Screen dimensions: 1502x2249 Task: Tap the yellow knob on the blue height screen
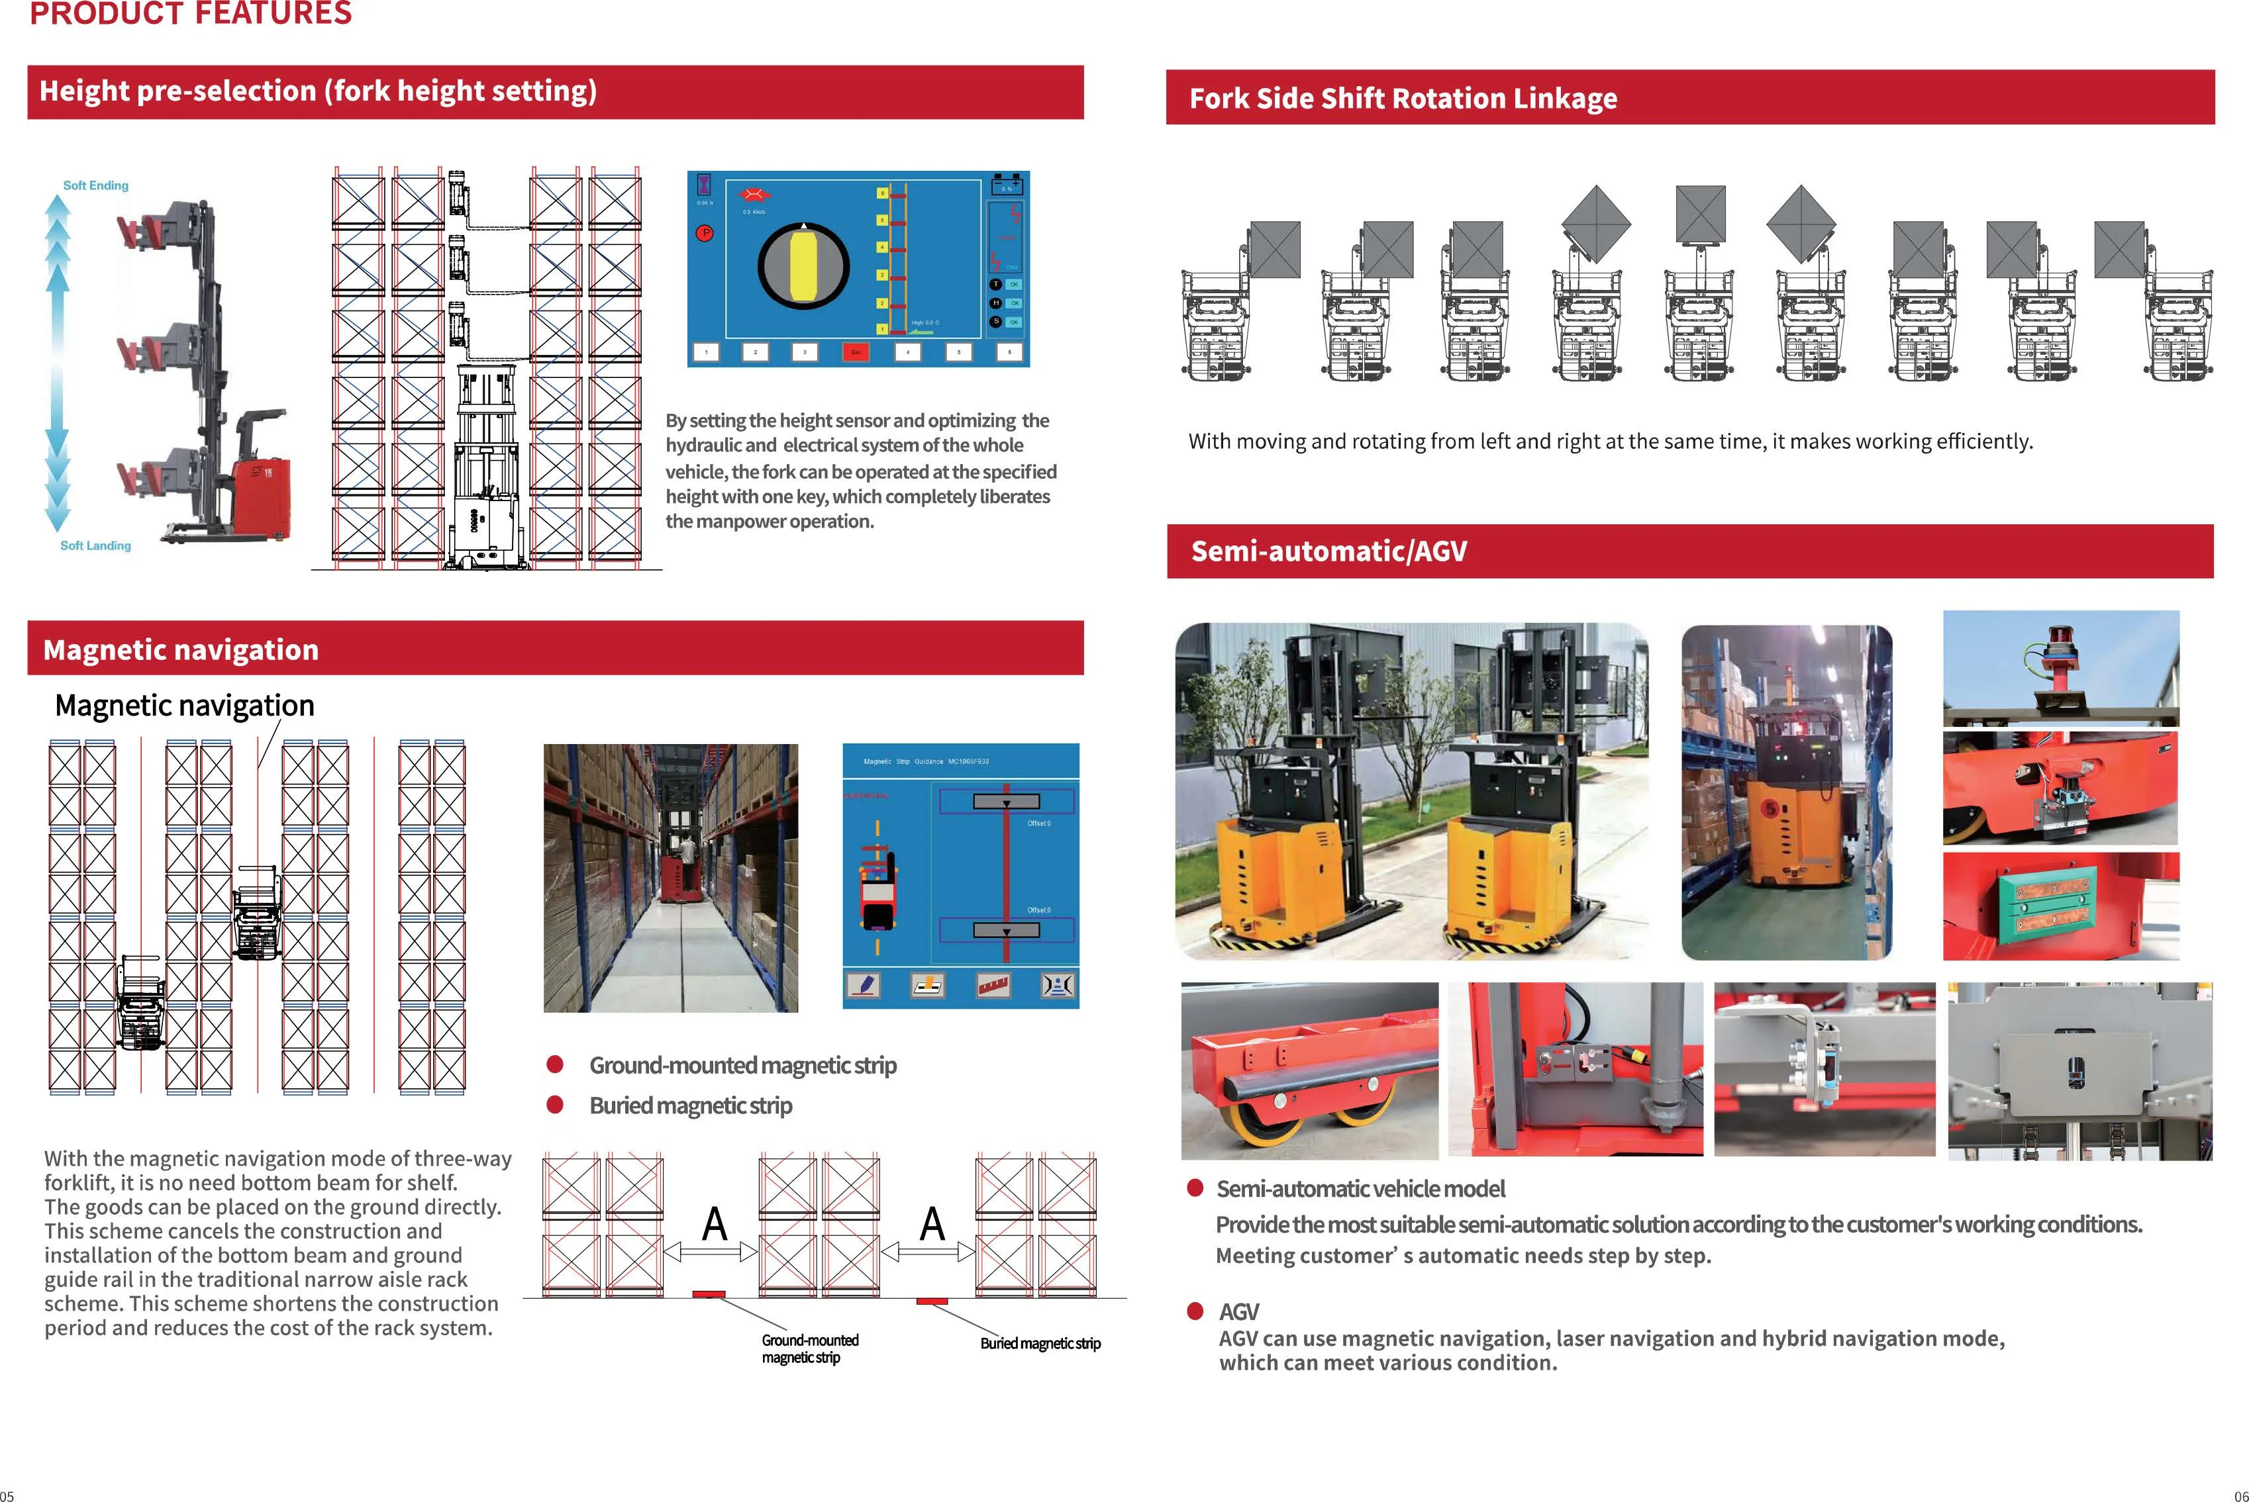pos(803,265)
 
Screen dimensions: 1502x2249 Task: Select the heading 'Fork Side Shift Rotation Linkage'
pos(1402,98)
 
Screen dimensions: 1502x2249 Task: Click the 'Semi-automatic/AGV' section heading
pos(1328,551)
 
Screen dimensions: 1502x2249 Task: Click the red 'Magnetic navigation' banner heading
pos(180,649)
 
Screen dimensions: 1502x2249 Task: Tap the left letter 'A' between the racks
pos(714,1223)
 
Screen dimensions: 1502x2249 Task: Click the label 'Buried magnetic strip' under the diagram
pos(1040,1343)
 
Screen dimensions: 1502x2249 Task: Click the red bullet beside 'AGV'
pos(1195,1311)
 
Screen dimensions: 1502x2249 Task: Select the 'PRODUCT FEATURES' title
pos(191,13)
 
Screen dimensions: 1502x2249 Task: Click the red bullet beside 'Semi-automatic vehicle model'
pos(1195,1188)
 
